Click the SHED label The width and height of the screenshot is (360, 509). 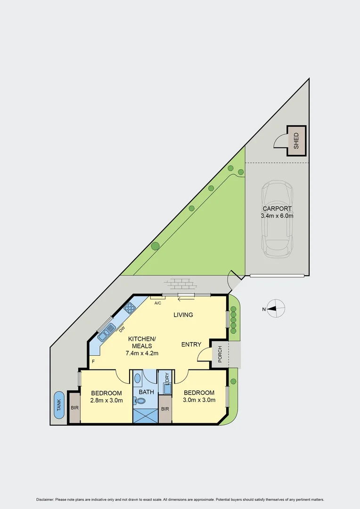(x=296, y=140)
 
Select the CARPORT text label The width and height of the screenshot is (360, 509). (x=277, y=208)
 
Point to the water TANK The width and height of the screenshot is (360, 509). (x=59, y=405)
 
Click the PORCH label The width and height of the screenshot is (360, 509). (x=219, y=355)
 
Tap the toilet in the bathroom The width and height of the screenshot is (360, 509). (x=140, y=401)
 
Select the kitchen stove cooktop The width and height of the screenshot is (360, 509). (x=130, y=308)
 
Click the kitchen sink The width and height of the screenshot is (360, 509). (x=107, y=331)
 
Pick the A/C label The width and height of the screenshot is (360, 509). (x=158, y=303)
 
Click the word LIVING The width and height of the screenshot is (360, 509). (x=183, y=315)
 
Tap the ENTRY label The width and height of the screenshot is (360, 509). (x=191, y=345)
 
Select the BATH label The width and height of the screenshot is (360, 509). (x=146, y=392)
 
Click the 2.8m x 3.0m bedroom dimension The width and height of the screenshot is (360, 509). (x=106, y=401)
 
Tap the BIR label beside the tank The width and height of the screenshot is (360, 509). (x=74, y=408)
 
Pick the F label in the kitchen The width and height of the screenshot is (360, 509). (x=93, y=362)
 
